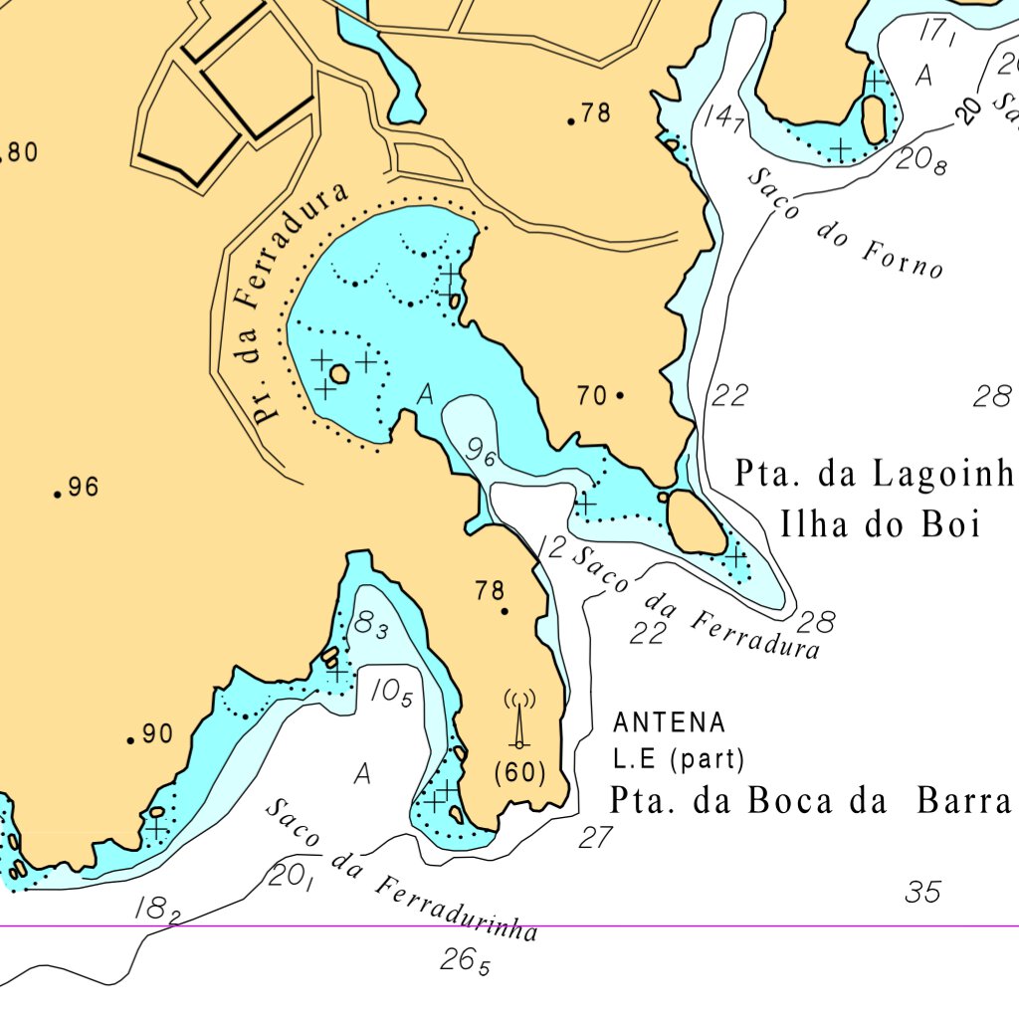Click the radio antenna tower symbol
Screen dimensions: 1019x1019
point(518,718)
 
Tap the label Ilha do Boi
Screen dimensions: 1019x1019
point(881,524)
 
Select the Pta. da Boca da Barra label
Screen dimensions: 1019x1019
point(810,801)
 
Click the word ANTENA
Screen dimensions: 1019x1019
point(670,722)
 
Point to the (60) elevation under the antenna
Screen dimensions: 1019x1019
point(519,772)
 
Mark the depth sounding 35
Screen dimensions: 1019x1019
point(922,893)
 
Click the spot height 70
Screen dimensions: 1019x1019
point(592,396)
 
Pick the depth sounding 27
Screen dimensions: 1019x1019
point(595,838)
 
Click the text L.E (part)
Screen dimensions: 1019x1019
point(679,760)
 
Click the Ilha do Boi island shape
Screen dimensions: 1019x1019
point(696,521)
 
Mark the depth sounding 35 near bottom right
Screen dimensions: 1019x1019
point(922,893)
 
